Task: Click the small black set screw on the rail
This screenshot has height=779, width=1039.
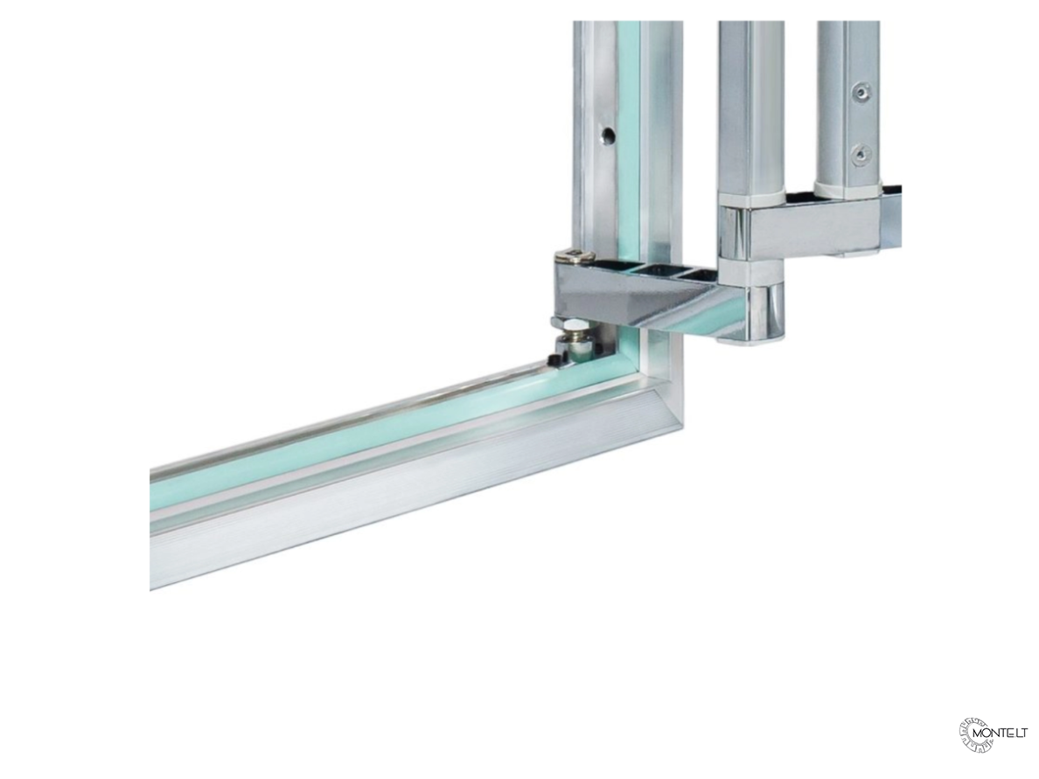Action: pyautogui.click(x=554, y=359)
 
